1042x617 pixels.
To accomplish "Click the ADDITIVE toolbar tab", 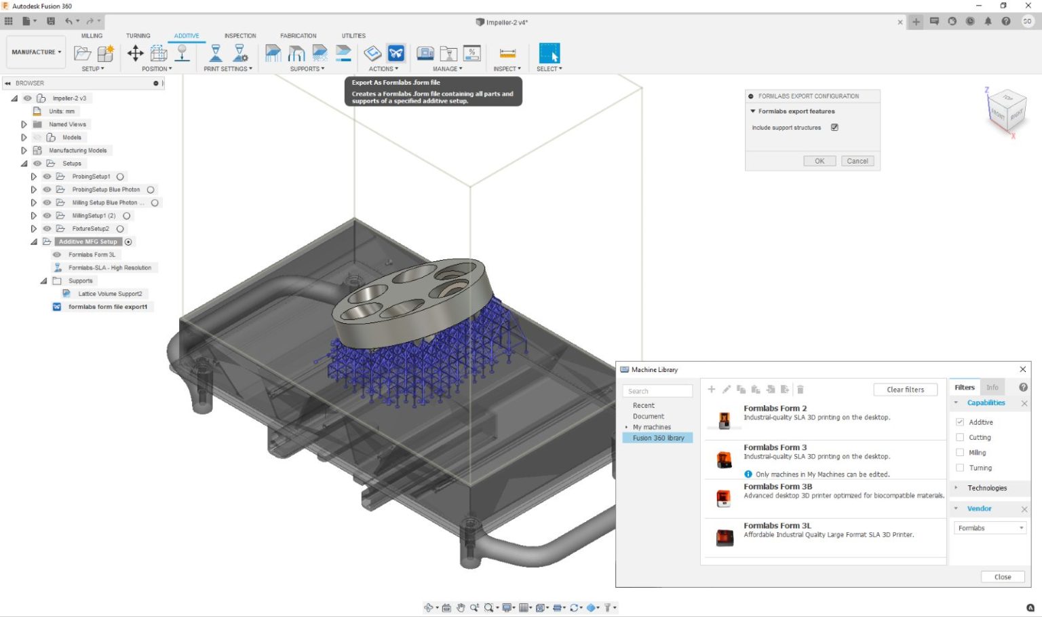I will click(187, 36).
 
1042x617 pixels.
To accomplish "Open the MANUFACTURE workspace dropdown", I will click(37, 52).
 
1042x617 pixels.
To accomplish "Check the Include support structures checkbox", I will click(834, 128).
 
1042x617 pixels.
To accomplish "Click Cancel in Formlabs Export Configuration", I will click(857, 162).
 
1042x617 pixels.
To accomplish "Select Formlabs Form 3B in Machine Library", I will click(777, 487).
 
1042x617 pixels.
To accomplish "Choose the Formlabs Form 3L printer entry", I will click(777, 526).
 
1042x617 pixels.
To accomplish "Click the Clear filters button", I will click(905, 390).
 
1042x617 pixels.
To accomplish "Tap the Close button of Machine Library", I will click(1002, 577).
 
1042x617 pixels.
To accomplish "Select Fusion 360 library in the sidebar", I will click(658, 438).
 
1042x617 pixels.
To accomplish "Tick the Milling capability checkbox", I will click(960, 453).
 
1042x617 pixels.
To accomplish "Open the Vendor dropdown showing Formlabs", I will click(990, 528).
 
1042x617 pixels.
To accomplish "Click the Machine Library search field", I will click(657, 392).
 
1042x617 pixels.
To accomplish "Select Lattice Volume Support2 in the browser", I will click(110, 294).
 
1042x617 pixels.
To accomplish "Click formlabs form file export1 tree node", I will click(107, 307).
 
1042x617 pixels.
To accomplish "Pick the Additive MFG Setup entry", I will click(88, 242).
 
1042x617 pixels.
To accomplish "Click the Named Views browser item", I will click(67, 124).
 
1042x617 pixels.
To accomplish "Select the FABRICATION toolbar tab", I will click(298, 36).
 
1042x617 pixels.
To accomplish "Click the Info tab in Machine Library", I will click(992, 388).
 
